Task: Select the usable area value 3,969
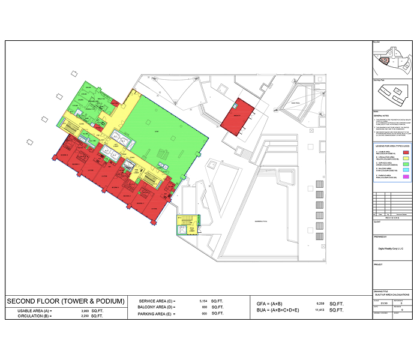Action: point(85,311)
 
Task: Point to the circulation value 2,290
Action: point(85,316)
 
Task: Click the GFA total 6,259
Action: point(318,304)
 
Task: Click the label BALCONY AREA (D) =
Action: point(157,307)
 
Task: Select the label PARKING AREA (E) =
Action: point(157,313)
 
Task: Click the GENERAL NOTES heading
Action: point(380,114)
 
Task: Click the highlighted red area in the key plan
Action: point(387,59)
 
